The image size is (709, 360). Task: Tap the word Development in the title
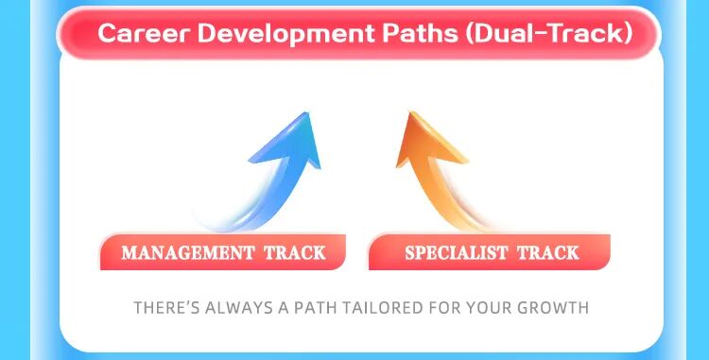[x=261, y=33]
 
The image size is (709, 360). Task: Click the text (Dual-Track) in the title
[x=537, y=33]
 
